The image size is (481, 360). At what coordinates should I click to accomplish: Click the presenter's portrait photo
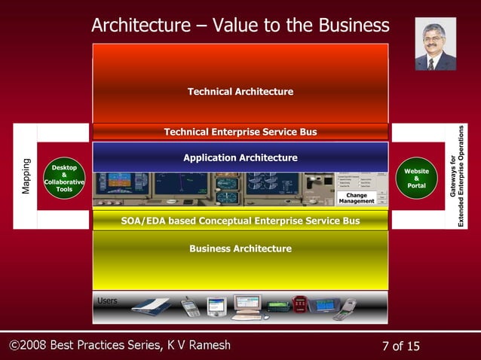[435, 44]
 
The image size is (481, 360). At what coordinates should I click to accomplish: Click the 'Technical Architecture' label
[240, 92]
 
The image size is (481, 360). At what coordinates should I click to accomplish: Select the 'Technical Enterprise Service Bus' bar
[240, 132]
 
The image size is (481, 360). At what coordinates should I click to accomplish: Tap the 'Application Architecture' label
[240, 158]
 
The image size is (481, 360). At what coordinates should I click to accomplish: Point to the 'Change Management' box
[357, 198]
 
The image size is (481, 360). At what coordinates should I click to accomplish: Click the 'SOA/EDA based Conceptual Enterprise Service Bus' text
[240, 221]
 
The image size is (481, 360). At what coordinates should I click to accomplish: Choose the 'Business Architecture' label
[240, 249]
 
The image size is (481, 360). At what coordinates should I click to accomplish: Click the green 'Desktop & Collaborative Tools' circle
[64, 178]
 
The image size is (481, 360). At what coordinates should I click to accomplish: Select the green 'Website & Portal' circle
[416, 178]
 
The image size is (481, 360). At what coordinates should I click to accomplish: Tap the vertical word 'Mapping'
[26, 176]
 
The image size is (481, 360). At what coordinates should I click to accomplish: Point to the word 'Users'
[107, 301]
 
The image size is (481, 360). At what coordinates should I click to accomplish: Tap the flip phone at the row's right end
[345, 309]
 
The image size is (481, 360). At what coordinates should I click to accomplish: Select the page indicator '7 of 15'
[401, 346]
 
